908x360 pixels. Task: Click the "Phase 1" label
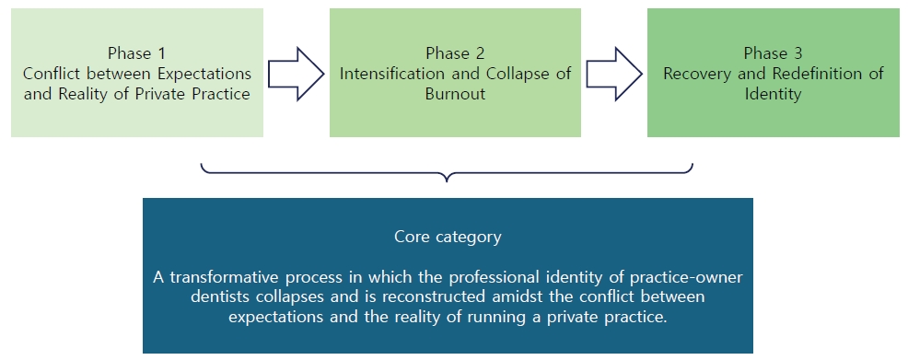pyautogui.click(x=136, y=53)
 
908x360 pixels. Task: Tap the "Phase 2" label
pyautogui.click(x=455, y=53)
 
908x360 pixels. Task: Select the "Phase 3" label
pyautogui.click(x=774, y=53)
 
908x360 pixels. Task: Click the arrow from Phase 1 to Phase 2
pyautogui.click(x=296, y=74)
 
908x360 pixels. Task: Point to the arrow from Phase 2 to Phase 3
pyautogui.click(x=614, y=74)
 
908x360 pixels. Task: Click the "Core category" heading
pyautogui.click(x=448, y=237)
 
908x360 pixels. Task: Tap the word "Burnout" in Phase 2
pyautogui.click(x=455, y=94)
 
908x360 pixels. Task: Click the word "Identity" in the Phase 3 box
pyautogui.click(x=774, y=94)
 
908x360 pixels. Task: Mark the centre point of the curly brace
pyautogui.click(x=448, y=174)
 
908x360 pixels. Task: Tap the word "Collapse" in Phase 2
pyautogui.click(x=521, y=74)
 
